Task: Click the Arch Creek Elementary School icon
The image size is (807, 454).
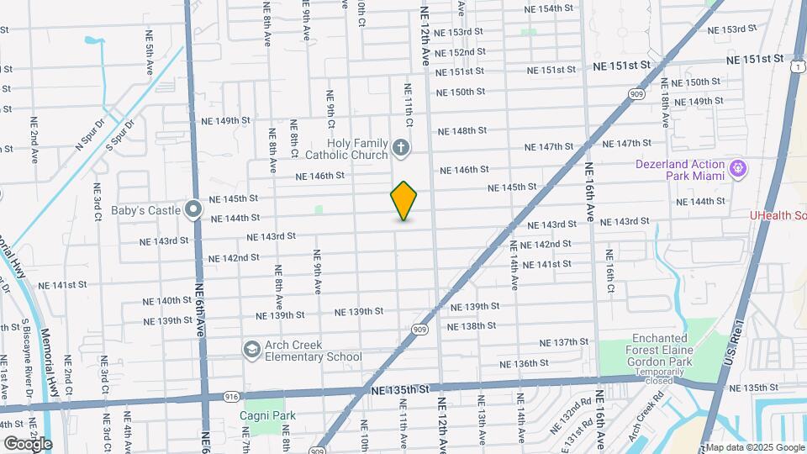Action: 251,349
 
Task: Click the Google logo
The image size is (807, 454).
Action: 28,443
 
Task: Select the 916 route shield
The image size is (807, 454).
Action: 232,395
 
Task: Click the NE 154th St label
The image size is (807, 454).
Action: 548,8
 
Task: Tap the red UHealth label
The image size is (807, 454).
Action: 778,216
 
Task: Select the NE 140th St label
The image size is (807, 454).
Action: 167,300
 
